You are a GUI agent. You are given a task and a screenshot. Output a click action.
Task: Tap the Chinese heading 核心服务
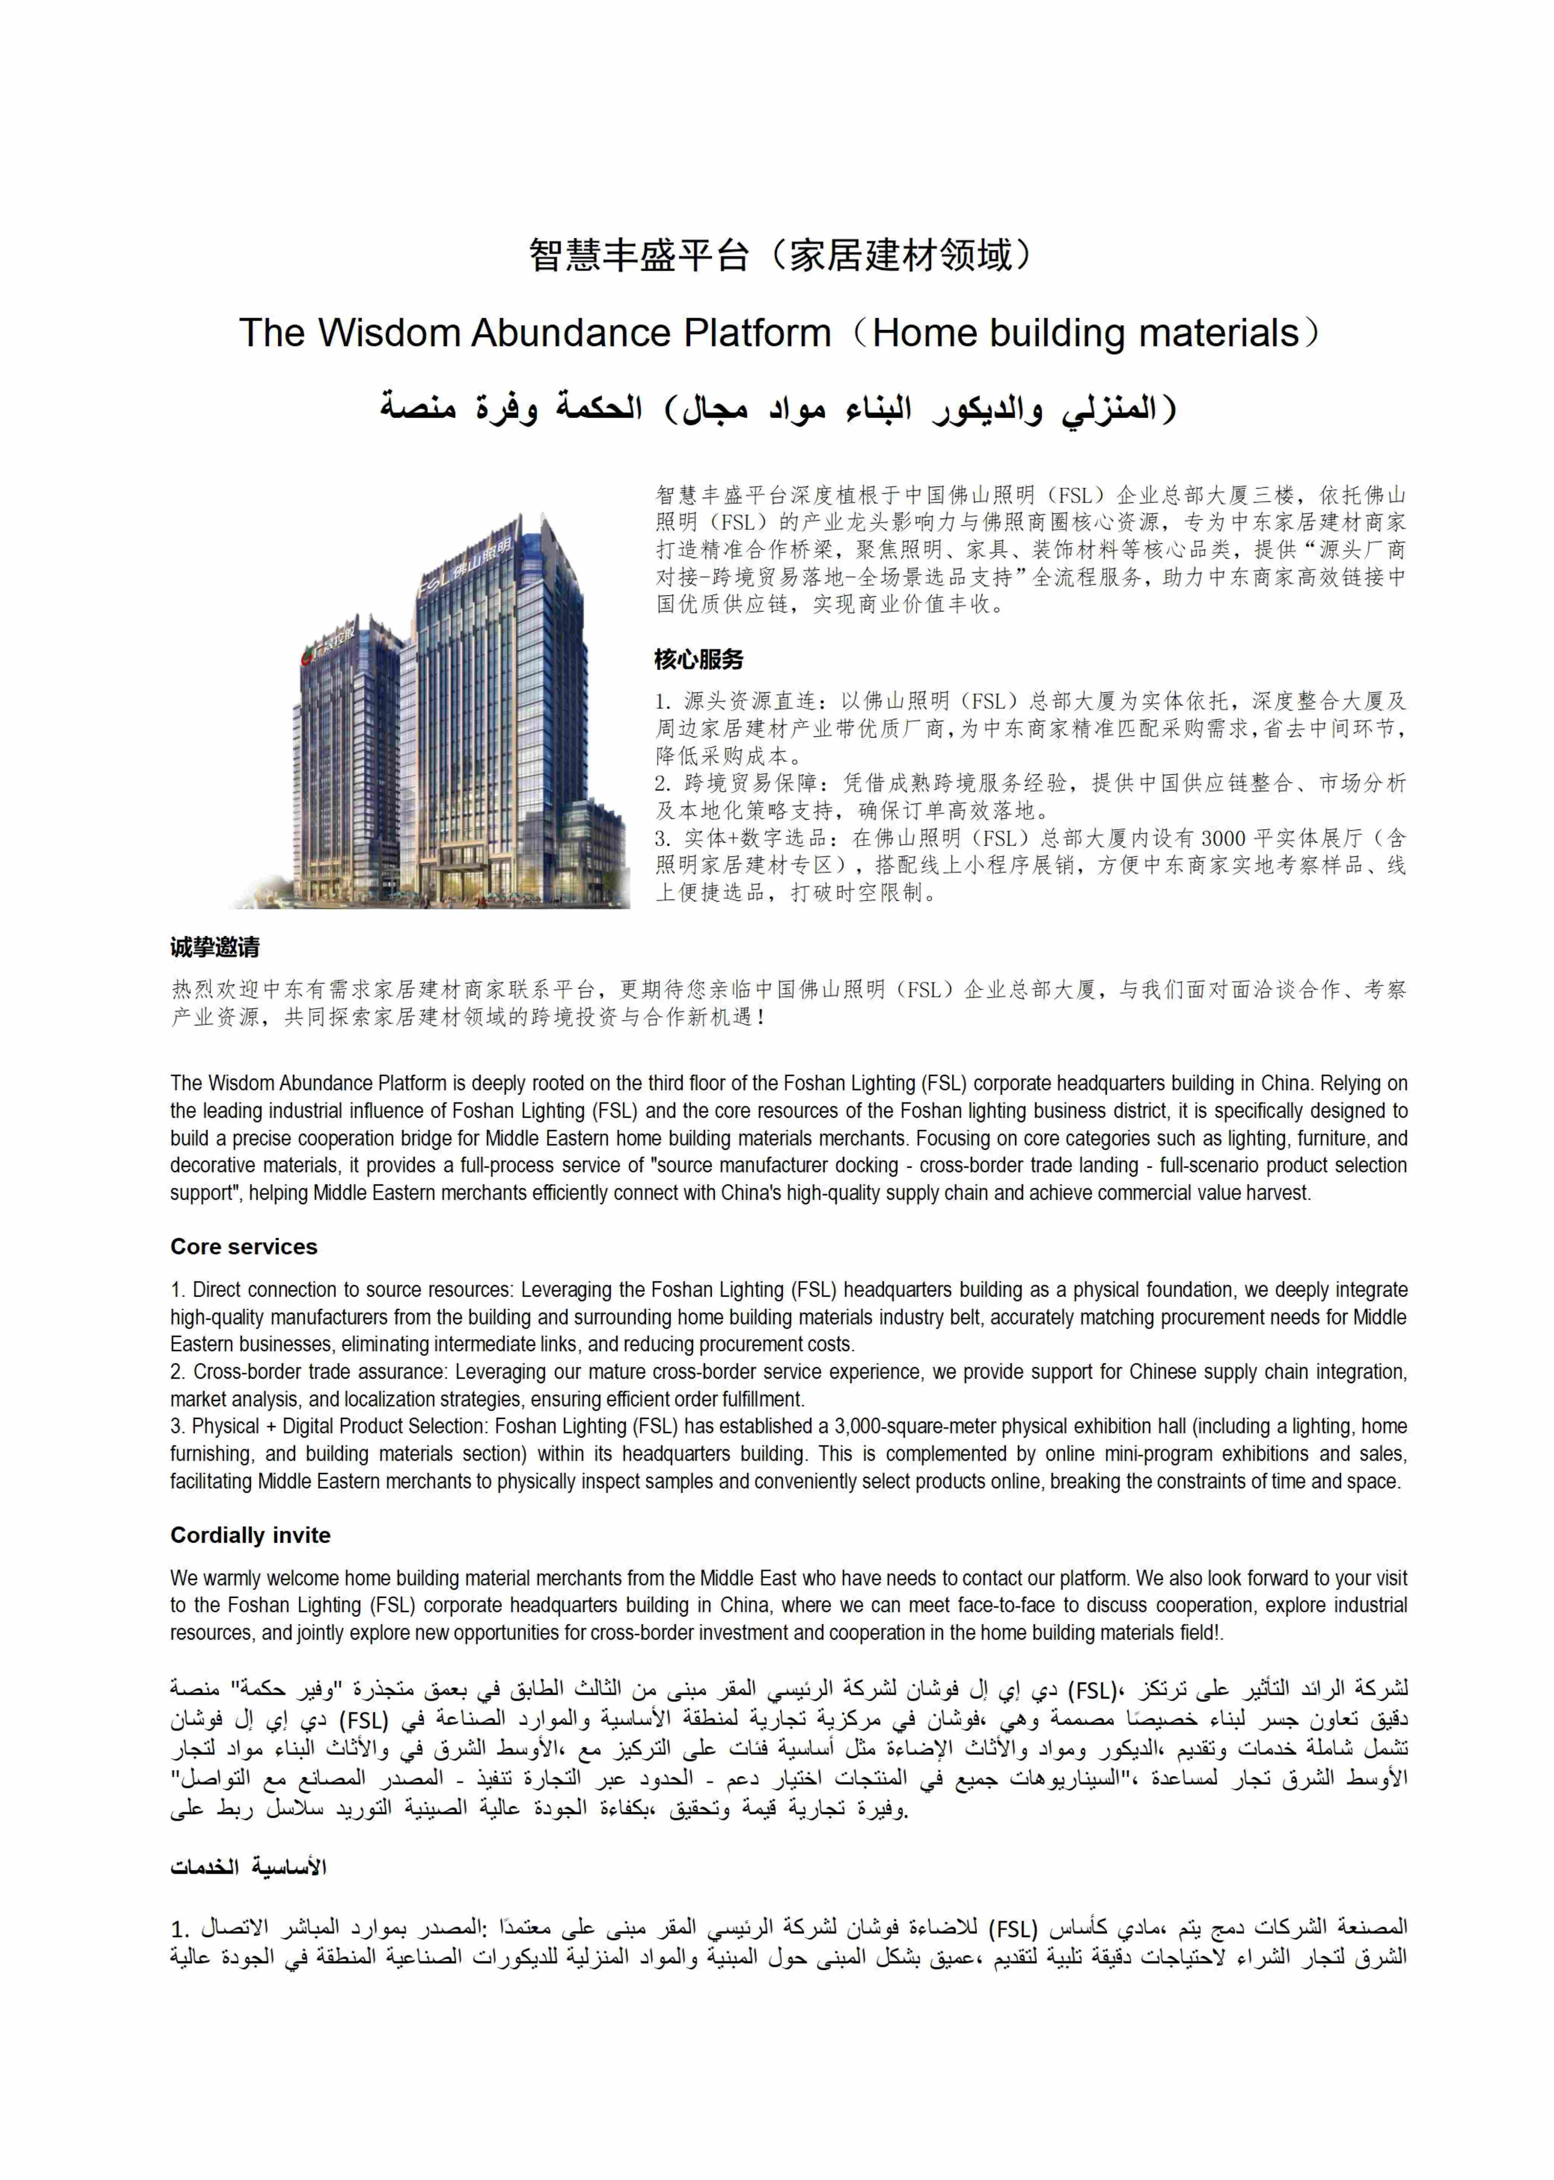[698, 659]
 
